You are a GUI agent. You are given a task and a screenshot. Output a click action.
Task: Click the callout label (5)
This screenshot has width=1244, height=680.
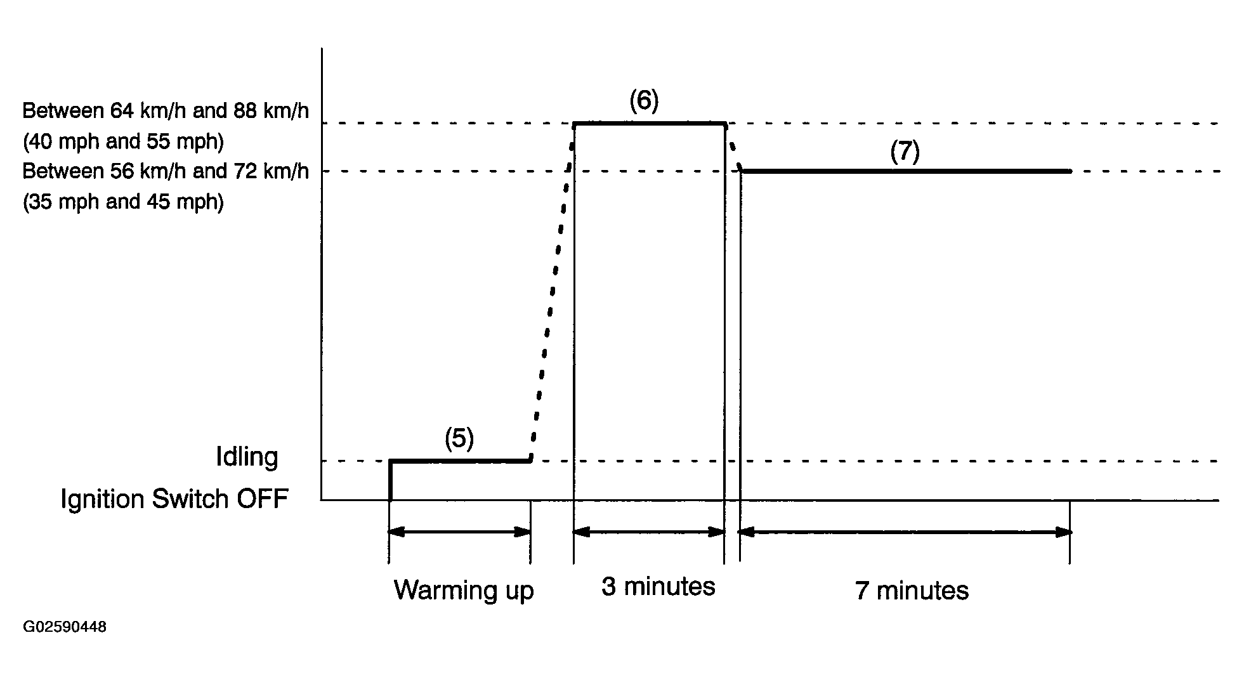click(x=459, y=438)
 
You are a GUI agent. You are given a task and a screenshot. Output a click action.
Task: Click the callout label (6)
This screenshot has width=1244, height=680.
click(x=644, y=101)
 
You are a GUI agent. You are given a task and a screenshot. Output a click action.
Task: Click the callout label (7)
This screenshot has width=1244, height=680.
click(x=905, y=152)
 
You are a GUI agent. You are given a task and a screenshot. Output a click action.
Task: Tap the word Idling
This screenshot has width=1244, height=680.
click(x=247, y=457)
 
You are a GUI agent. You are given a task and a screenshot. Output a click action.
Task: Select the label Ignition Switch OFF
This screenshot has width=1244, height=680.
click(x=174, y=499)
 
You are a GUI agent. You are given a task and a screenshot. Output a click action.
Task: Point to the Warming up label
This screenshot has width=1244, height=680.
click(x=464, y=591)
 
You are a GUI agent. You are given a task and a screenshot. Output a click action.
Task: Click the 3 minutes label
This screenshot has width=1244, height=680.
click(x=658, y=587)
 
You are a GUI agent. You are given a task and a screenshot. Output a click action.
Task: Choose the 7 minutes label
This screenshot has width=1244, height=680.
click(x=912, y=591)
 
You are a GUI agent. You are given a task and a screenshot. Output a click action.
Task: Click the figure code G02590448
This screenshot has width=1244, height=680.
click(x=65, y=627)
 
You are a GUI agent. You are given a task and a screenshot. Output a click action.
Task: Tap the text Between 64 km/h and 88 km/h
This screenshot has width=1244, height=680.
click(x=166, y=111)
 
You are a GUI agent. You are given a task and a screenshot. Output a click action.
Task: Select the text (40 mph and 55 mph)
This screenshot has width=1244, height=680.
click(x=123, y=141)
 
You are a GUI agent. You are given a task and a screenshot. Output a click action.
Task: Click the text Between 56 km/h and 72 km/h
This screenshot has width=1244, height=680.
click(x=166, y=171)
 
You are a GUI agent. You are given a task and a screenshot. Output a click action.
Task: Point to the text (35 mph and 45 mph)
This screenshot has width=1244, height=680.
click(x=123, y=202)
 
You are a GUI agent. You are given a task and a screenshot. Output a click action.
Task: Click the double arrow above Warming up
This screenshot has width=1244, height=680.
click(x=460, y=532)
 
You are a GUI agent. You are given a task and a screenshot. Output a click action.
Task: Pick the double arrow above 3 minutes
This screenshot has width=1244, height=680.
click(x=649, y=532)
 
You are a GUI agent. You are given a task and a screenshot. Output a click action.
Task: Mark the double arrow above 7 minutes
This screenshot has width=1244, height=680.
click(x=905, y=532)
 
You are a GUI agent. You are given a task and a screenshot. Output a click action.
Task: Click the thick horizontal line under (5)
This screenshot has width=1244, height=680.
click(x=460, y=461)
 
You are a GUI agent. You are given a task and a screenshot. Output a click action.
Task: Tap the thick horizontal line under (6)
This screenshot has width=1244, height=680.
click(x=650, y=123)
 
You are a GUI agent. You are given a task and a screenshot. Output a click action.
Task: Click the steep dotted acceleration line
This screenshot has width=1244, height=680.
click(x=553, y=292)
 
